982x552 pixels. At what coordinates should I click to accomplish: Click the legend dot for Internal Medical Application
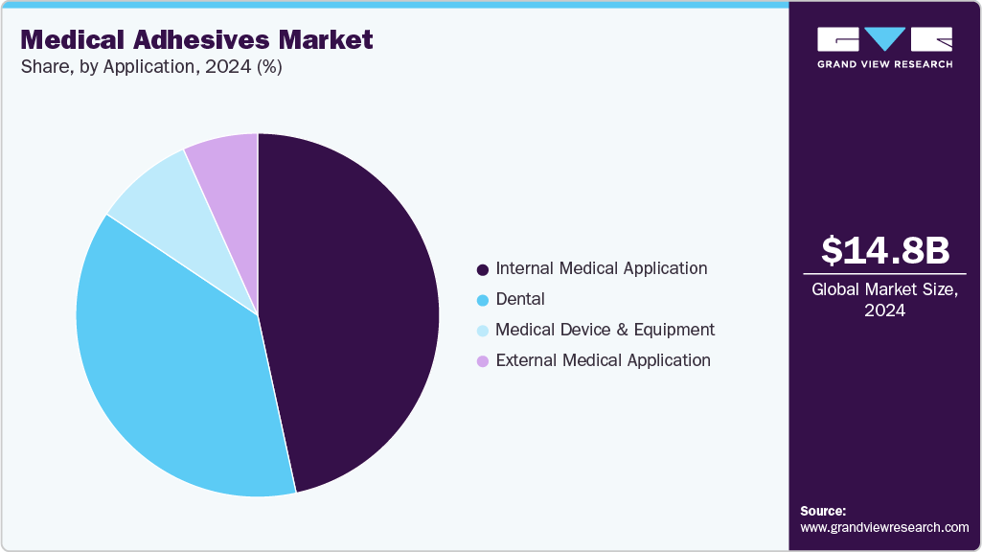point(483,269)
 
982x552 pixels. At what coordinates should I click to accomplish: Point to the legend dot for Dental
point(483,300)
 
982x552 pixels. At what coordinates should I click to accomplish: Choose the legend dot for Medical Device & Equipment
point(483,331)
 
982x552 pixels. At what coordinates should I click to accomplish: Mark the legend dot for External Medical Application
point(483,361)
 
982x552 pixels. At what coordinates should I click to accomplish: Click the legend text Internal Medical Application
point(602,268)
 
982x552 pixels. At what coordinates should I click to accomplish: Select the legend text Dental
point(520,299)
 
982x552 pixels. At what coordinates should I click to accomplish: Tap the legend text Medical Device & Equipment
point(605,330)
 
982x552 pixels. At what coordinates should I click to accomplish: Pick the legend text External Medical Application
point(604,360)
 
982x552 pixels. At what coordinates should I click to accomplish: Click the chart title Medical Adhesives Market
point(196,40)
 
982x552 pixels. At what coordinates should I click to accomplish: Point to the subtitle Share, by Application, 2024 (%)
point(150,67)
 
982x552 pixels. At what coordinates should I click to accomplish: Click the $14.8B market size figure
point(885,250)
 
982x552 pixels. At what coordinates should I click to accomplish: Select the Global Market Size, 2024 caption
point(884,299)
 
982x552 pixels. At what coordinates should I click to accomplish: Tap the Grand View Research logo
point(884,47)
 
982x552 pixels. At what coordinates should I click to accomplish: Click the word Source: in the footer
point(823,511)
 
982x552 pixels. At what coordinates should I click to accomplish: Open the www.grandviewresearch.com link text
point(884,527)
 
